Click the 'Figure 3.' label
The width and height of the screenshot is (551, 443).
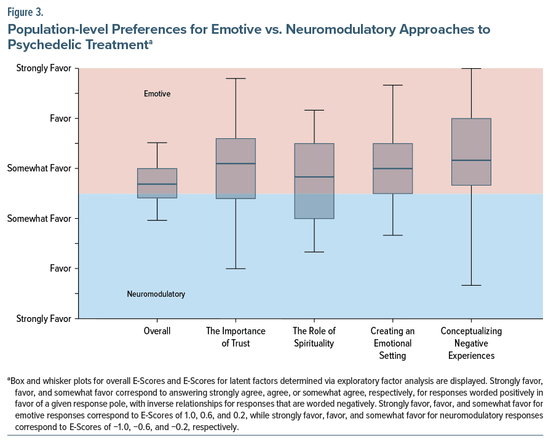pos(26,11)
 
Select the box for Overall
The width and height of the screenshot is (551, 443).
pos(157,183)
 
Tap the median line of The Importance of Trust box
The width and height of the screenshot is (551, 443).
pos(236,163)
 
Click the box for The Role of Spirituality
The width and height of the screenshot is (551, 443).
pos(314,181)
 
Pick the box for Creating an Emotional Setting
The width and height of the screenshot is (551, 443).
pos(393,168)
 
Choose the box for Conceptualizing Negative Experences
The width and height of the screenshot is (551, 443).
pos(471,151)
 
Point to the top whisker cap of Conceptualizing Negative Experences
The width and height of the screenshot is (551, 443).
pos(471,68)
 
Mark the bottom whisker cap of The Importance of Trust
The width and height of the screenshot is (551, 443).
pos(236,269)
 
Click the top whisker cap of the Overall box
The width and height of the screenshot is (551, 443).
pos(157,143)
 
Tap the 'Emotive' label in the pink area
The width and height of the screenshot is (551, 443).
pos(157,94)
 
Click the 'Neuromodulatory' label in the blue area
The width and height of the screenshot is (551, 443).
pos(156,294)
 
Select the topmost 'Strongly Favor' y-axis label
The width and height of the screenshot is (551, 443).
pos(44,68)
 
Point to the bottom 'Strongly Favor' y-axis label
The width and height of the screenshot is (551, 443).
pos(44,318)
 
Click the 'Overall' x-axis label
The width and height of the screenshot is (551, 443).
pos(157,331)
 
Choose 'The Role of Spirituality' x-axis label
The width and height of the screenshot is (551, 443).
pos(314,337)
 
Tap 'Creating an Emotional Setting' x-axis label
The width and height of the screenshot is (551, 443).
pos(392,343)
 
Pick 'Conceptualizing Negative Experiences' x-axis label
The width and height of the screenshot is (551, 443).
pos(471,343)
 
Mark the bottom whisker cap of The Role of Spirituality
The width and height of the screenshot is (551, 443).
pos(314,252)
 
